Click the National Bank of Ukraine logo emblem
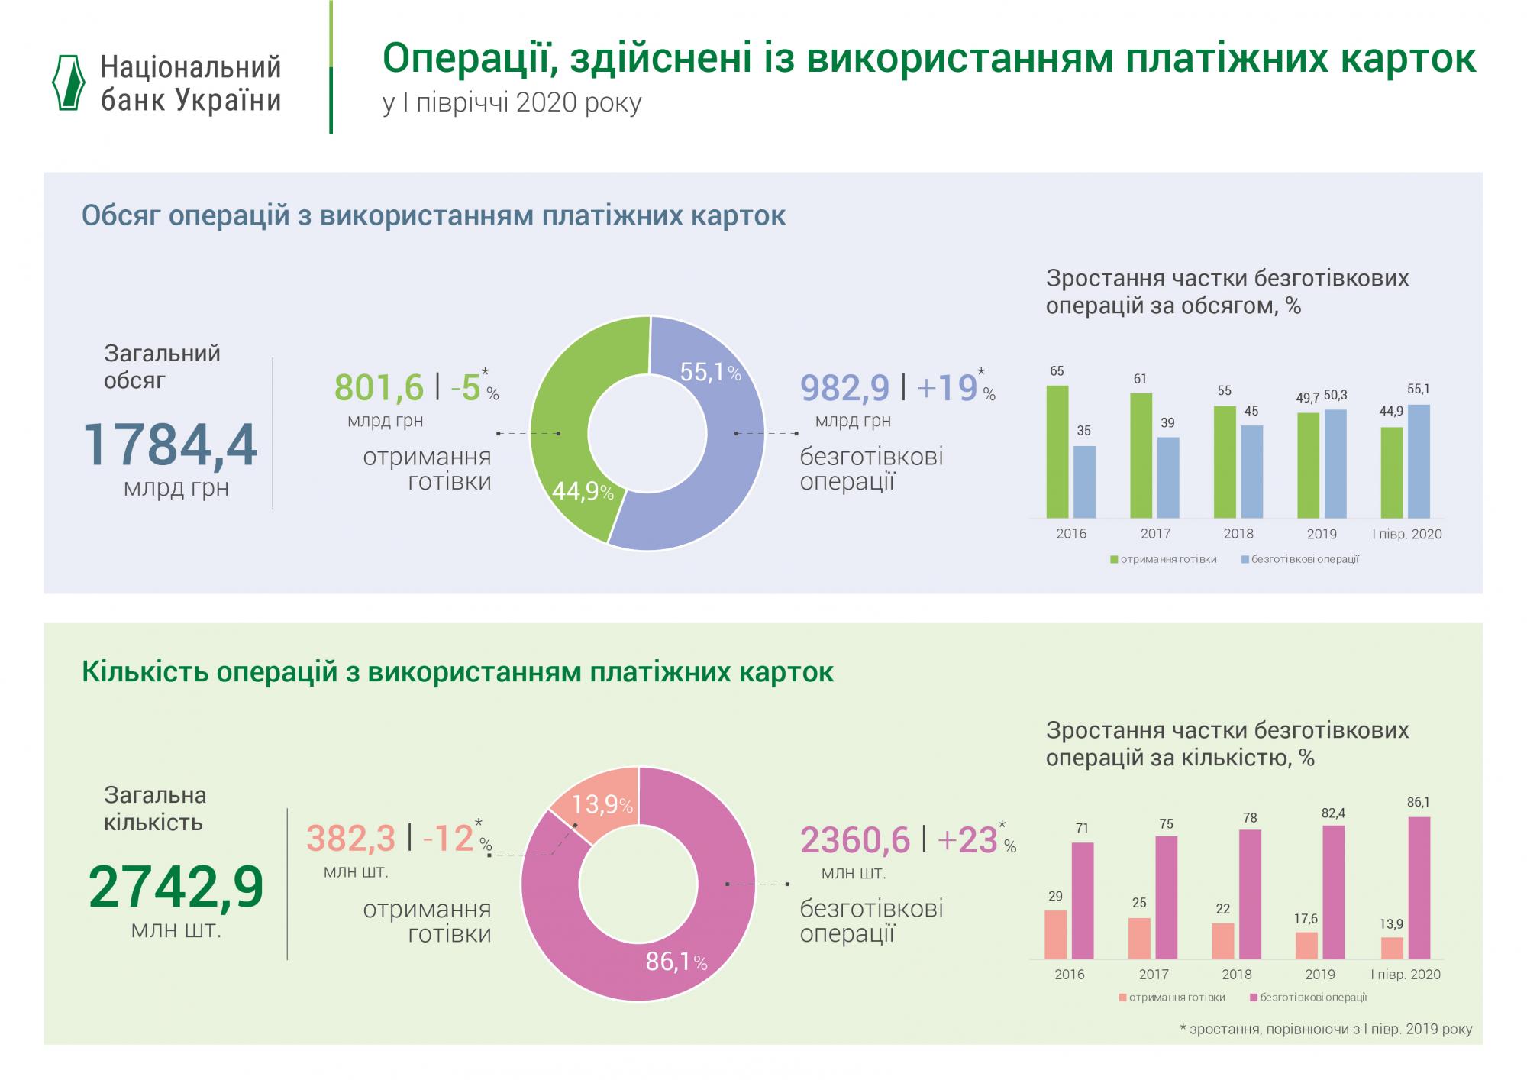(x=68, y=83)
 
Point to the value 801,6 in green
(x=379, y=387)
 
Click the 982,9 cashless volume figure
(x=844, y=387)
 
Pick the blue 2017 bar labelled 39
(x=1168, y=478)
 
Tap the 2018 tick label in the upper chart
(x=1238, y=534)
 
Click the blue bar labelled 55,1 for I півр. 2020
(x=1419, y=461)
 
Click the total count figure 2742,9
(x=176, y=888)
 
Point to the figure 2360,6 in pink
(x=855, y=840)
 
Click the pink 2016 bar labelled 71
(x=1083, y=901)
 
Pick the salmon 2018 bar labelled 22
(x=1223, y=941)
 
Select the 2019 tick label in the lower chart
(x=1320, y=975)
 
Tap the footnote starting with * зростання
(x=1326, y=1029)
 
